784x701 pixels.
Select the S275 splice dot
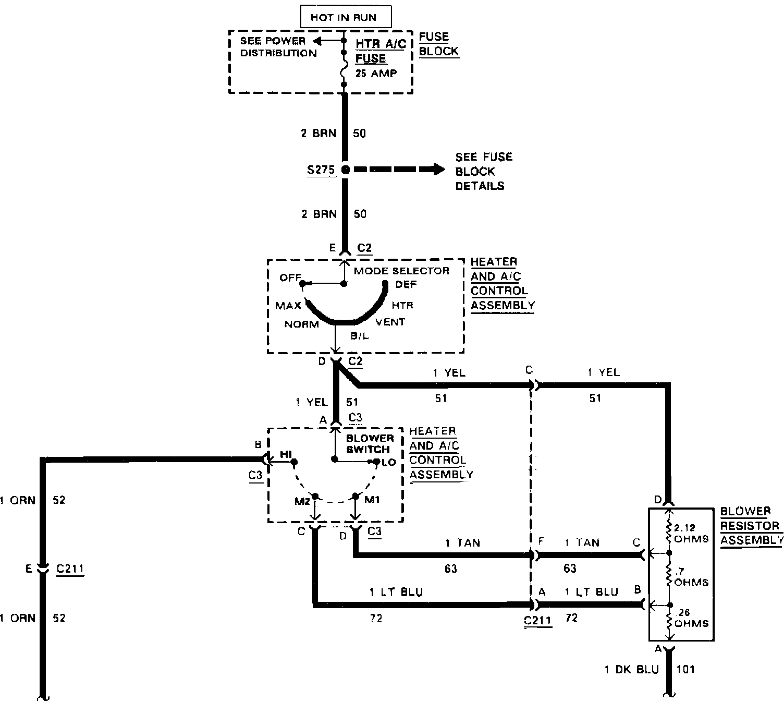pos(345,170)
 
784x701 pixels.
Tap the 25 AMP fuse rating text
pos(376,74)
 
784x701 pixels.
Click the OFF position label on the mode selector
pos(290,277)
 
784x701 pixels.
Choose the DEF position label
pos(406,284)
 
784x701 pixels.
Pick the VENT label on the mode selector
pos(390,322)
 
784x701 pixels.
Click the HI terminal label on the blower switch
pos(286,455)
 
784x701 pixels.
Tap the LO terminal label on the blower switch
pos(389,463)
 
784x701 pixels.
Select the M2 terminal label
pos(302,501)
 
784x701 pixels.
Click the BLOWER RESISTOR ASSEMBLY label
pos(751,525)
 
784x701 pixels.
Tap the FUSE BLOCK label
pos(438,44)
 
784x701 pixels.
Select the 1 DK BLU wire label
pos(632,669)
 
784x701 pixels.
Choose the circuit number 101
pos(685,669)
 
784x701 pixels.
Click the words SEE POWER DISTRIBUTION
pos(278,47)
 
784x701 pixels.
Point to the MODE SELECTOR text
pos(401,271)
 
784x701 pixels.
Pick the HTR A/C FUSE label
pos(380,51)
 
